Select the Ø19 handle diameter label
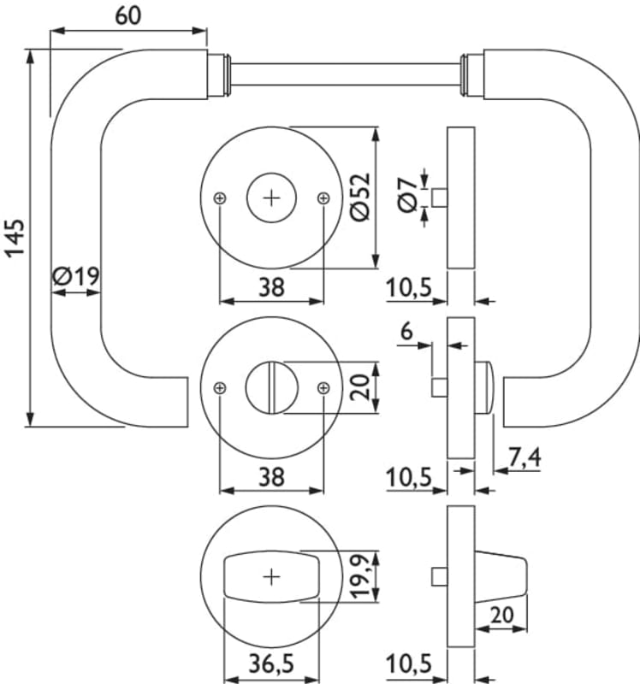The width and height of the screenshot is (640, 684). [x=76, y=277]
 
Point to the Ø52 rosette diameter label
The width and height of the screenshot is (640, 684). [x=360, y=198]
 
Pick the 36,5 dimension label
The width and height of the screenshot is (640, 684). [x=272, y=663]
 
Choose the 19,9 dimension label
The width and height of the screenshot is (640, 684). [x=362, y=577]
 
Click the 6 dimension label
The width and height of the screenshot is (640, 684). [x=406, y=330]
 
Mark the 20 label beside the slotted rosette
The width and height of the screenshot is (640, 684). [x=362, y=387]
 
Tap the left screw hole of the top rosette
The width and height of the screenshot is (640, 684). [x=221, y=198]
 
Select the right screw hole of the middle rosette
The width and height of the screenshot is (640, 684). [x=323, y=387]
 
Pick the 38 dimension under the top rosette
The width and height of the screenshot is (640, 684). [x=271, y=288]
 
